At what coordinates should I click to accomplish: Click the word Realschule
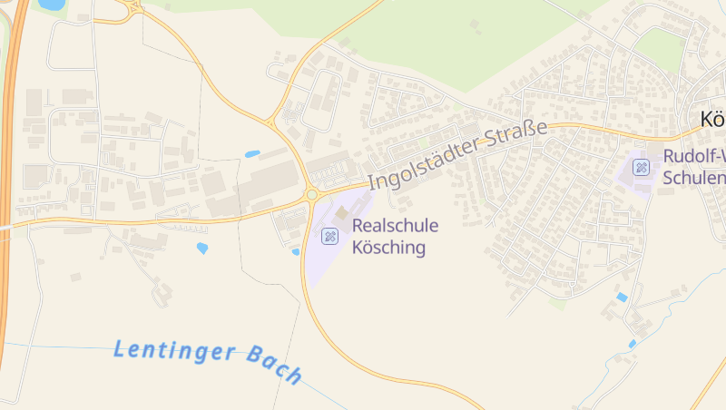395,226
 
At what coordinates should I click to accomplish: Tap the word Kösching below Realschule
388,247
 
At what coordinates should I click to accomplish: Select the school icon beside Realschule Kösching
329,236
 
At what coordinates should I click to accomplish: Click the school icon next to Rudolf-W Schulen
642,166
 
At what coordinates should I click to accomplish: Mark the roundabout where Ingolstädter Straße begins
312,193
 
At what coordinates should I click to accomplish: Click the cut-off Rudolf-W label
694,156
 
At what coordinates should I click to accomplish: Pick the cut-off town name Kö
712,120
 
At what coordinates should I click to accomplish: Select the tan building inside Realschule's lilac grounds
341,212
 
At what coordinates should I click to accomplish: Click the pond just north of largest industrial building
252,154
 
